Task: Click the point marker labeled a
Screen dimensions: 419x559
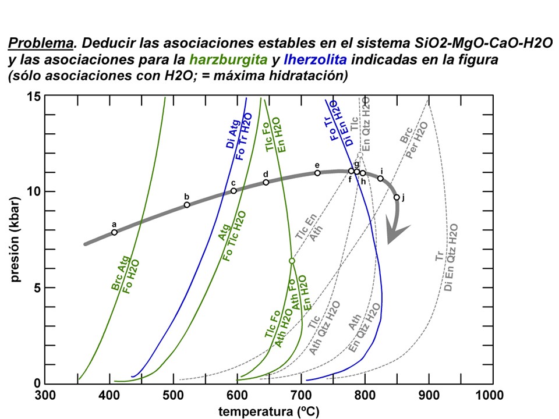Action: tap(114, 232)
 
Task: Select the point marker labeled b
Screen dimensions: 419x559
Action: tap(187, 205)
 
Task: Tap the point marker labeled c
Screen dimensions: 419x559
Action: tap(233, 191)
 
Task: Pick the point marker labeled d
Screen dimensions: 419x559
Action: tap(266, 182)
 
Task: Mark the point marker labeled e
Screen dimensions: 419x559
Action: tap(317, 173)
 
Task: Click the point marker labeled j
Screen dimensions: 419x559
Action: tap(397, 197)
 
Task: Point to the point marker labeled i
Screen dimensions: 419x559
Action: tap(380, 178)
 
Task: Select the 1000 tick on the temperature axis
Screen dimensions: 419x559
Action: tap(492, 384)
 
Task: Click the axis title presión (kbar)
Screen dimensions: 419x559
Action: tap(16, 240)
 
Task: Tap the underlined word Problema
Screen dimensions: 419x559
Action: tap(41, 44)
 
